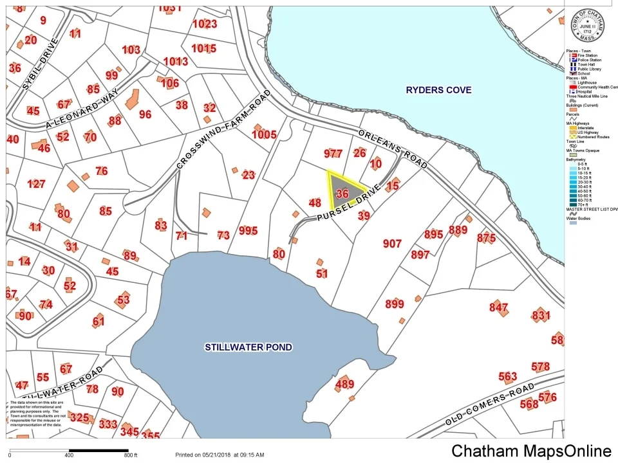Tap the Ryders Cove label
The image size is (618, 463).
pos(438,90)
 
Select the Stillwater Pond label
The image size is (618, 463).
pos(248,347)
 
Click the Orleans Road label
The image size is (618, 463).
pos(393,147)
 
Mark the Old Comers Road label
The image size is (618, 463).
pos(490,404)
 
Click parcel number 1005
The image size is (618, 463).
pos(264,134)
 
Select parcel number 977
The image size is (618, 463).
pos(333,153)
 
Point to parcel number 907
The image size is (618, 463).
pos(391,244)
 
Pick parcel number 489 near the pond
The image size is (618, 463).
pos(344,385)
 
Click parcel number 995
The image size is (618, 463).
pos(248,231)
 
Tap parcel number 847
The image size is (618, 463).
pos(498,307)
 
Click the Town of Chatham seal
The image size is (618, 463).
pos(587,25)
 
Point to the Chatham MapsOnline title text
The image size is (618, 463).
pos(530,451)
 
